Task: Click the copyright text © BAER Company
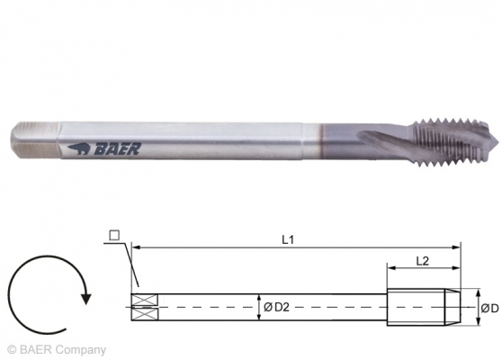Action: [56, 350]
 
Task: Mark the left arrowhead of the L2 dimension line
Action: [390, 267]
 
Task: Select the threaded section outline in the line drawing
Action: [418, 308]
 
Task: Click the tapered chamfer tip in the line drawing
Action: [454, 308]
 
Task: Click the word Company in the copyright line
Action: [84, 350]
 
